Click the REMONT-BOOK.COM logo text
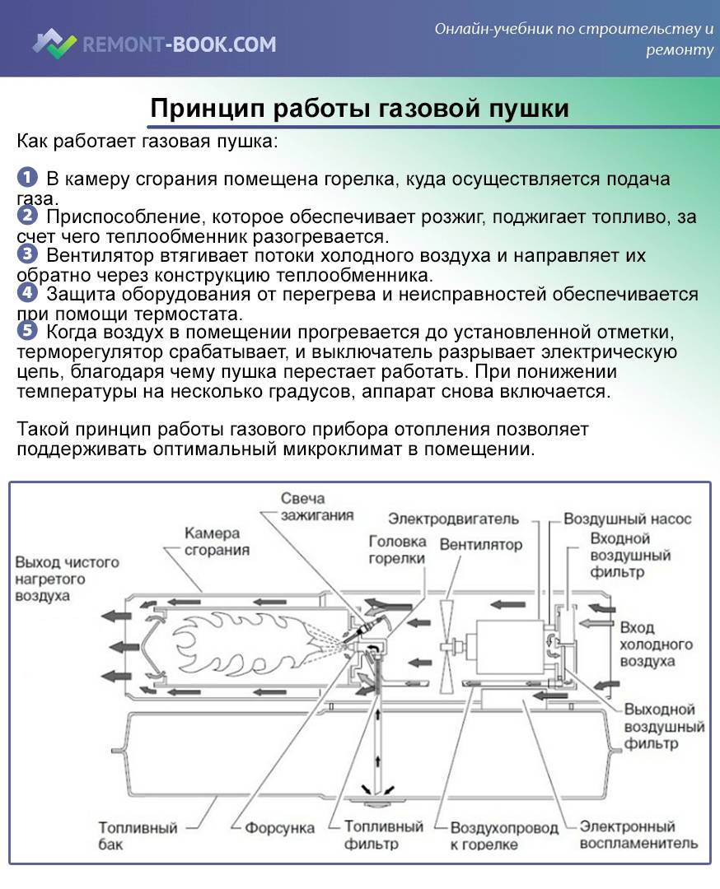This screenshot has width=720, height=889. pyautogui.click(x=179, y=44)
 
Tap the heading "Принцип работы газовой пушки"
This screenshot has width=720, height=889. pyautogui.click(x=359, y=109)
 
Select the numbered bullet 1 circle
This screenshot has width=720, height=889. pyautogui.click(x=27, y=178)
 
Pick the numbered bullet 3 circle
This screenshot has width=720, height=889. pyautogui.click(x=27, y=254)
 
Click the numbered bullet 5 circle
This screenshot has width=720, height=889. pyautogui.click(x=27, y=331)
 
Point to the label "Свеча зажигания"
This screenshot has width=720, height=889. pyautogui.click(x=304, y=507)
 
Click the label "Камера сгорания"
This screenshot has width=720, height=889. pyautogui.click(x=217, y=542)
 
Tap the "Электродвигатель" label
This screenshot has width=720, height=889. pyautogui.click(x=453, y=519)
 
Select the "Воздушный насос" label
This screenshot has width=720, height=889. pyautogui.click(x=627, y=519)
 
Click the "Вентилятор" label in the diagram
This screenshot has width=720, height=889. pyautogui.click(x=480, y=545)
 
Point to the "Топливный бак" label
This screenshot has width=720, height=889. pyautogui.click(x=128, y=835)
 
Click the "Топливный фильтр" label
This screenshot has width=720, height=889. pyautogui.click(x=383, y=835)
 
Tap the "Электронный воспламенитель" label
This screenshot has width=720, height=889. pyautogui.click(x=638, y=835)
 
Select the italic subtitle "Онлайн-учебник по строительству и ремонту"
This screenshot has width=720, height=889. pyautogui.click(x=574, y=40)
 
